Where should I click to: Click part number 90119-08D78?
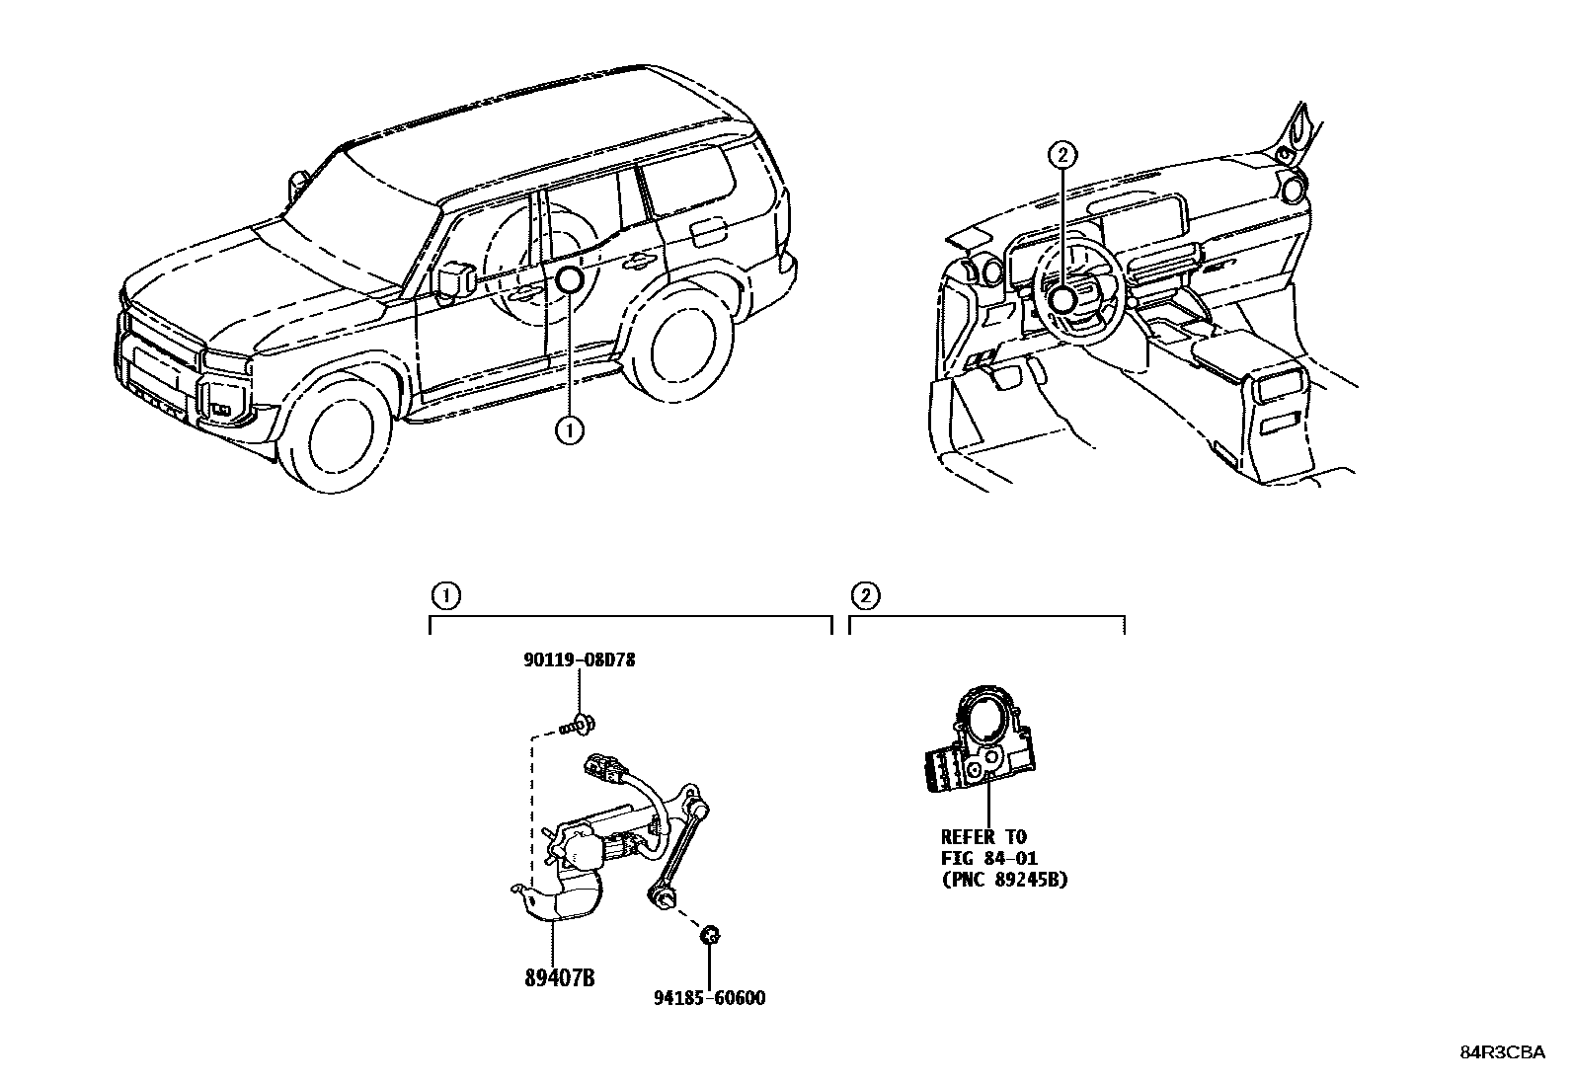point(579,659)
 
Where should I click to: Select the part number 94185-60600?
point(709,998)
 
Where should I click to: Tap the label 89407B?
point(559,978)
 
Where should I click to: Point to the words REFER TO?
point(983,837)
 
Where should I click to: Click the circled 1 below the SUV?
point(570,430)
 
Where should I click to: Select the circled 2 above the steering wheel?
point(1062,155)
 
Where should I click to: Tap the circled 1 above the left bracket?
point(446,595)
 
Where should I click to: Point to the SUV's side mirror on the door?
point(454,280)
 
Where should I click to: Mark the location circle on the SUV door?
point(570,280)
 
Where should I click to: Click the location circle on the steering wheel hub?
point(1062,300)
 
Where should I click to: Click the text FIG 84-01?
point(988,859)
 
